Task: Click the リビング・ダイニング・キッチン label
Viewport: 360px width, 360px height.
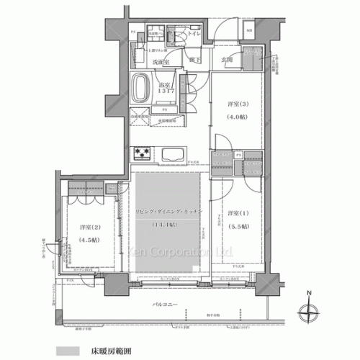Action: pos(168,210)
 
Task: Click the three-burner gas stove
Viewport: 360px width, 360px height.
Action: pos(141,154)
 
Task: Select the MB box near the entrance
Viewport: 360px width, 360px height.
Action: pos(249,31)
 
